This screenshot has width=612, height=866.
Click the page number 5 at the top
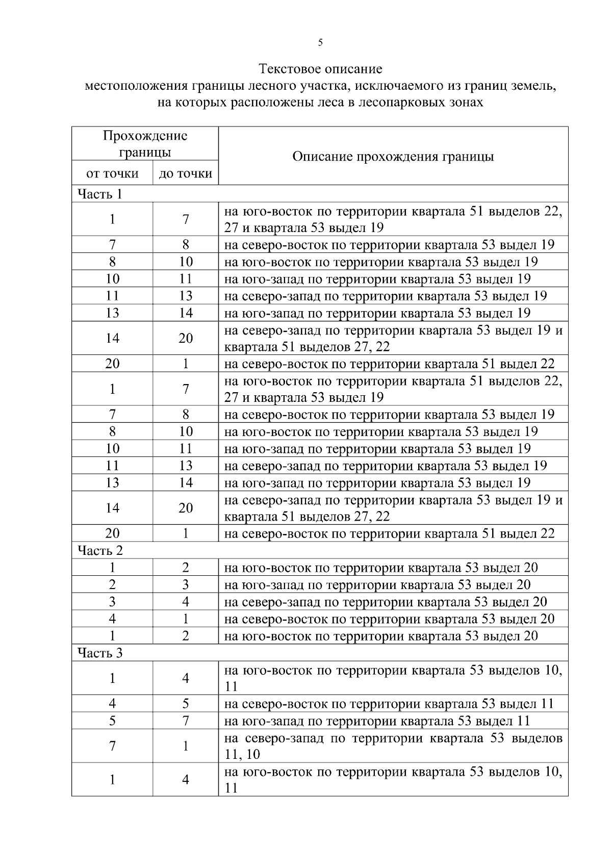320,43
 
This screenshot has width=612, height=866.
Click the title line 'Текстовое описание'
320,68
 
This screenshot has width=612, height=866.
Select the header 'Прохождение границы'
145,144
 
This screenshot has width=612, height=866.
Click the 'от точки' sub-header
112,173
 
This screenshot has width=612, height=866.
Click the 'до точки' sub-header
186,173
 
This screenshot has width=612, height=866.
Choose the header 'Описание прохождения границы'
393,156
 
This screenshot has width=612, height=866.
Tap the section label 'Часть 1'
100,194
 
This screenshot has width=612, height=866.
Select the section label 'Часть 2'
100,550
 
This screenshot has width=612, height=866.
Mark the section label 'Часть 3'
100,653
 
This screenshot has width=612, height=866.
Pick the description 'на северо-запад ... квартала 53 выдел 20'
386,602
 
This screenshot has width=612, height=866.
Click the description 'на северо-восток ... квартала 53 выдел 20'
389,619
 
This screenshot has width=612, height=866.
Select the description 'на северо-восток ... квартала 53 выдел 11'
389,704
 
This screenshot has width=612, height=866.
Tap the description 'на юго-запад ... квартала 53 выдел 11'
377,721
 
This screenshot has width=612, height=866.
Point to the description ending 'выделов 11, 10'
393,746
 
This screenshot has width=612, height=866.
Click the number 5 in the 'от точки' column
112,721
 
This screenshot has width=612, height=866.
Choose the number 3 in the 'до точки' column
186,584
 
